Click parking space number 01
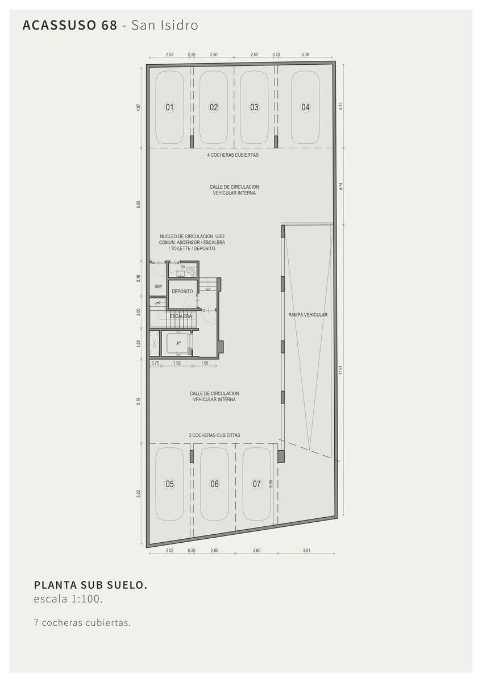[169, 107]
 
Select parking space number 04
[305, 107]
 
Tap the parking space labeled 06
[214, 484]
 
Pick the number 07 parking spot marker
[257, 484]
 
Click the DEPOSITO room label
[182, 292]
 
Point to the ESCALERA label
[181, 317]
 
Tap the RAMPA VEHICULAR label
[308, 315]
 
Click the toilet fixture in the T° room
[190, 270]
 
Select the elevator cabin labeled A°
[177, 343]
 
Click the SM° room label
[158, 286]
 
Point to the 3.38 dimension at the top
[305, 55]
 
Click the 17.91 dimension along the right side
[340, 370]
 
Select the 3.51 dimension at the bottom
[306, 551]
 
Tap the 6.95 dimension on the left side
[139, 204]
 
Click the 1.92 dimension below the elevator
[177, 363]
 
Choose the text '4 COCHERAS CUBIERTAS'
[233, 155]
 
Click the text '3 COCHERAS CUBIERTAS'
[214, 435]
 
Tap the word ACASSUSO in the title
[59, 25]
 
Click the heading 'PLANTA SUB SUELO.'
[90, 585]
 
